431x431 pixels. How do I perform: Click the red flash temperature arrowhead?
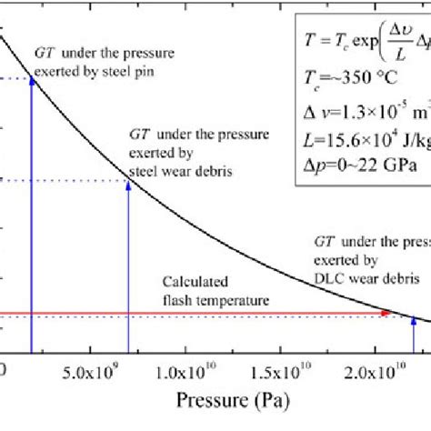(x=386, y=314)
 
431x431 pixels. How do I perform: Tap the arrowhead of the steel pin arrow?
(x=32, y=80)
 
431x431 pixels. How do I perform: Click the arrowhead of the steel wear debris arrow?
(x=128, y=157)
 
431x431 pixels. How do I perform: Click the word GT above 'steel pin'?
(x=40, y=47)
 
